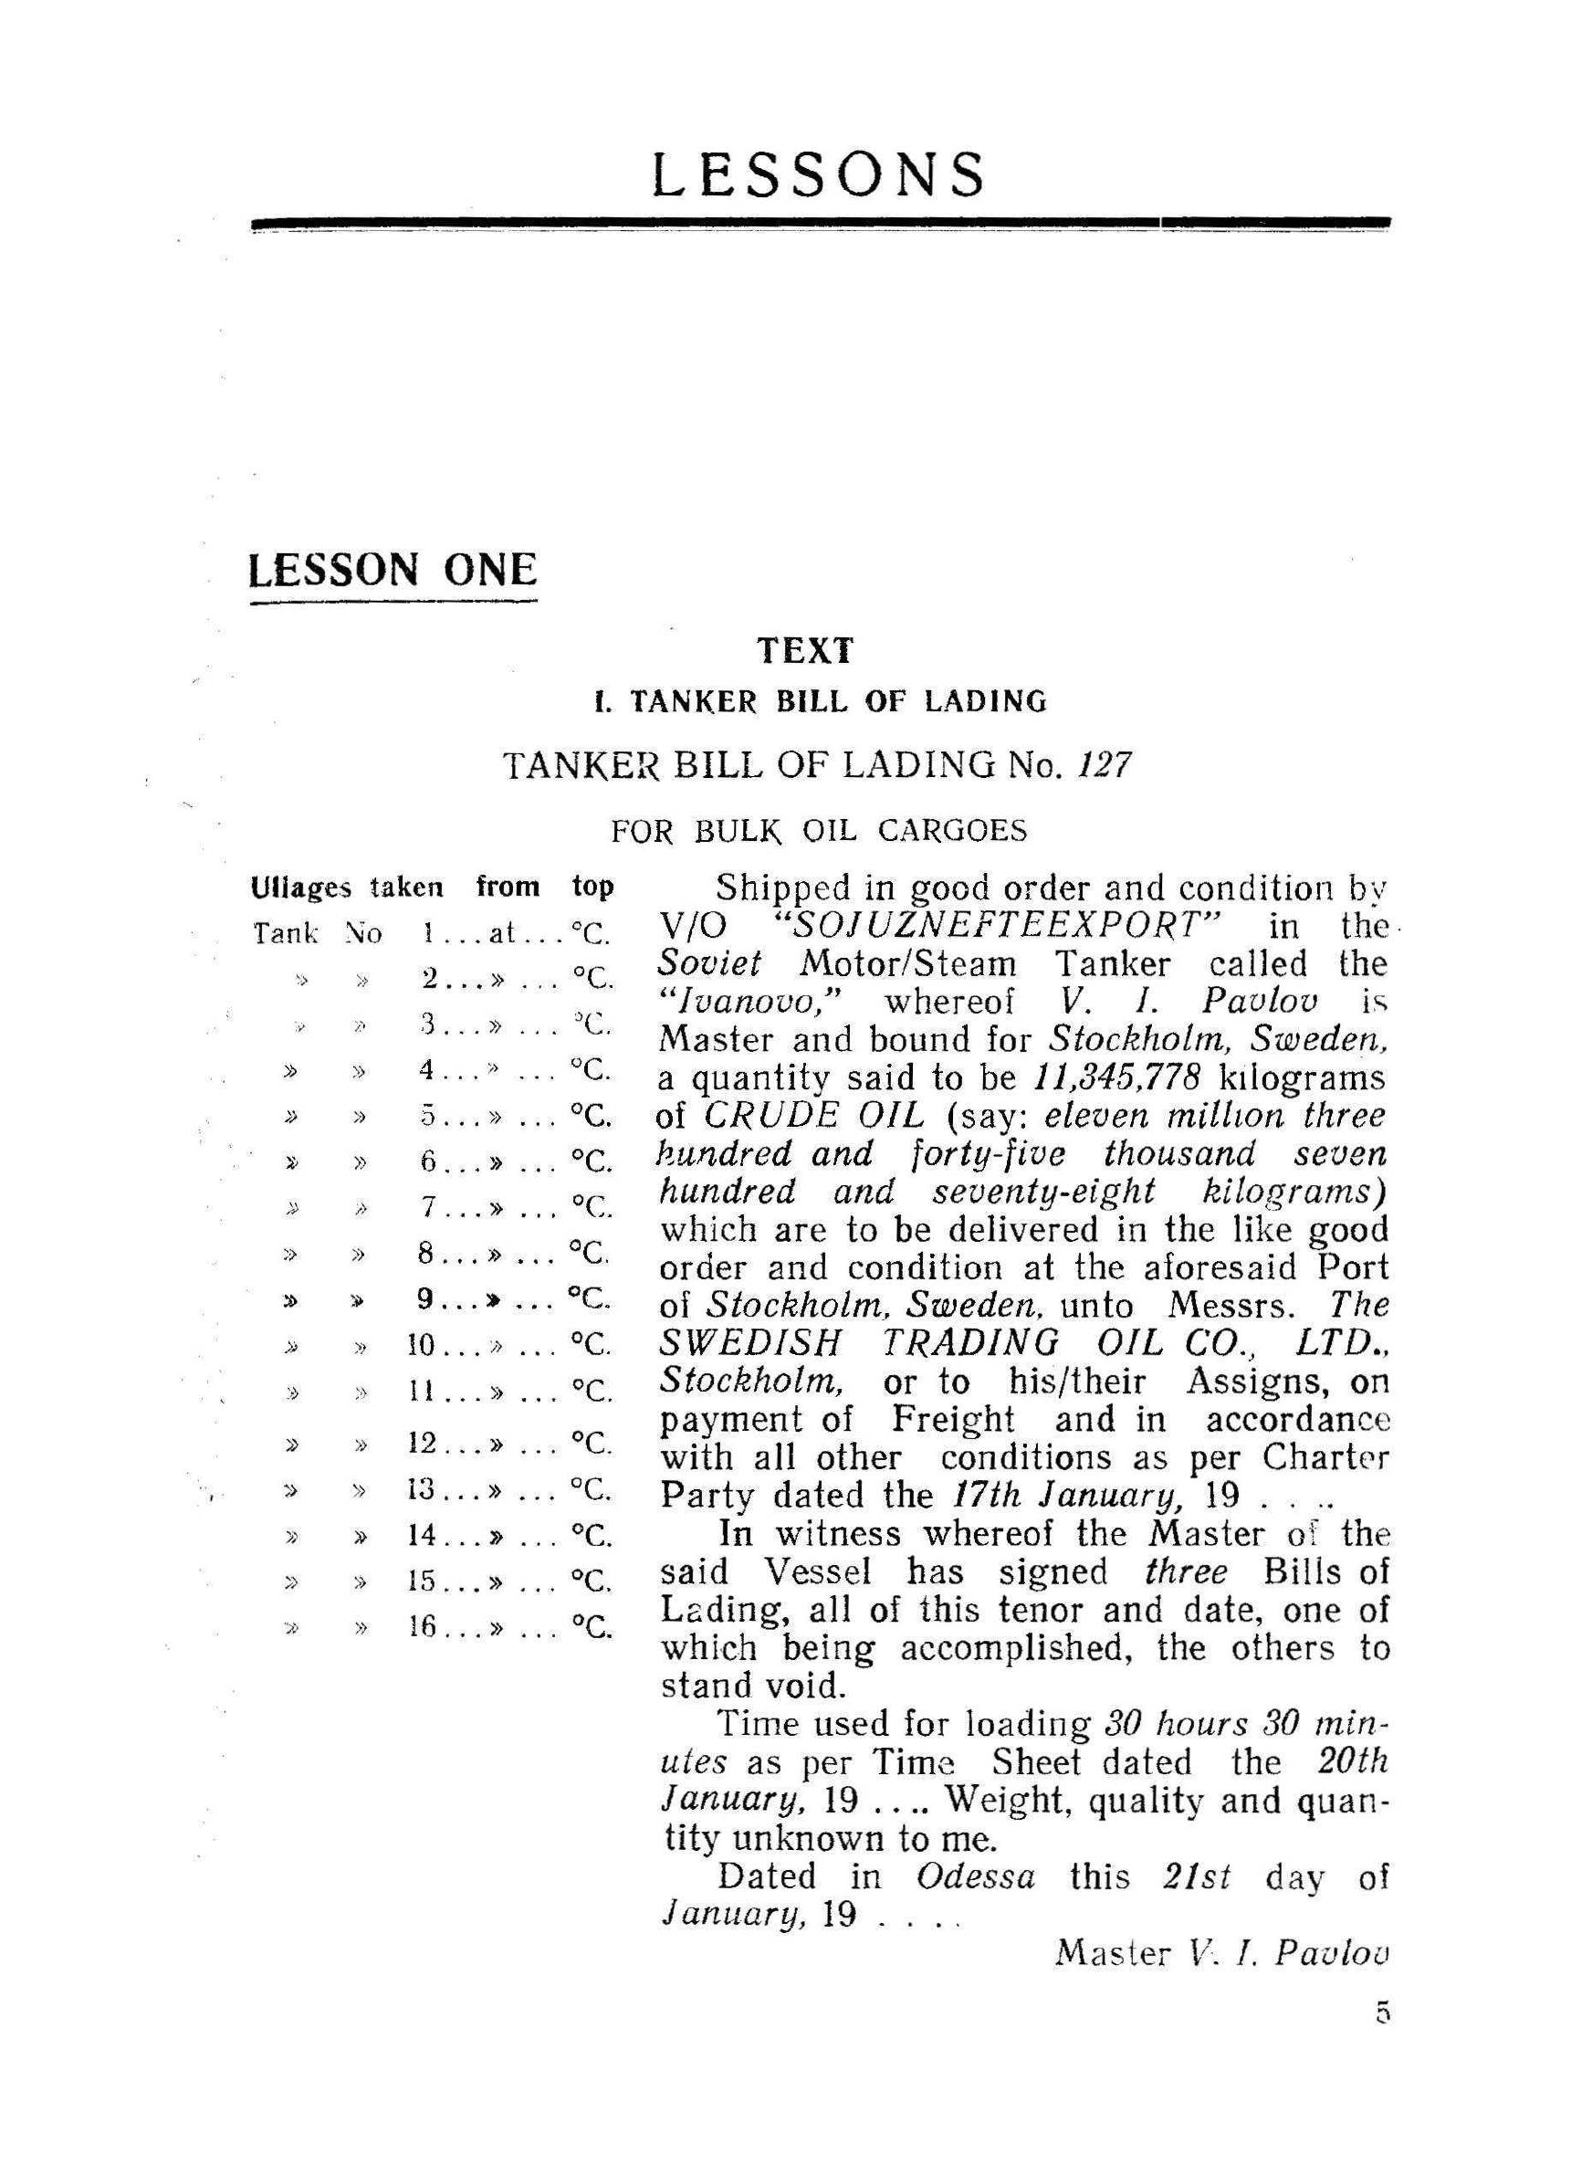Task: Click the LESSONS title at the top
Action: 818,174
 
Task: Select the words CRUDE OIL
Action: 813,1115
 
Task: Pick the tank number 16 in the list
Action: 423,1626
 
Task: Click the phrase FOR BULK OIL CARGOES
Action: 818,830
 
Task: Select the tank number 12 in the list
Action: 423,1444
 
